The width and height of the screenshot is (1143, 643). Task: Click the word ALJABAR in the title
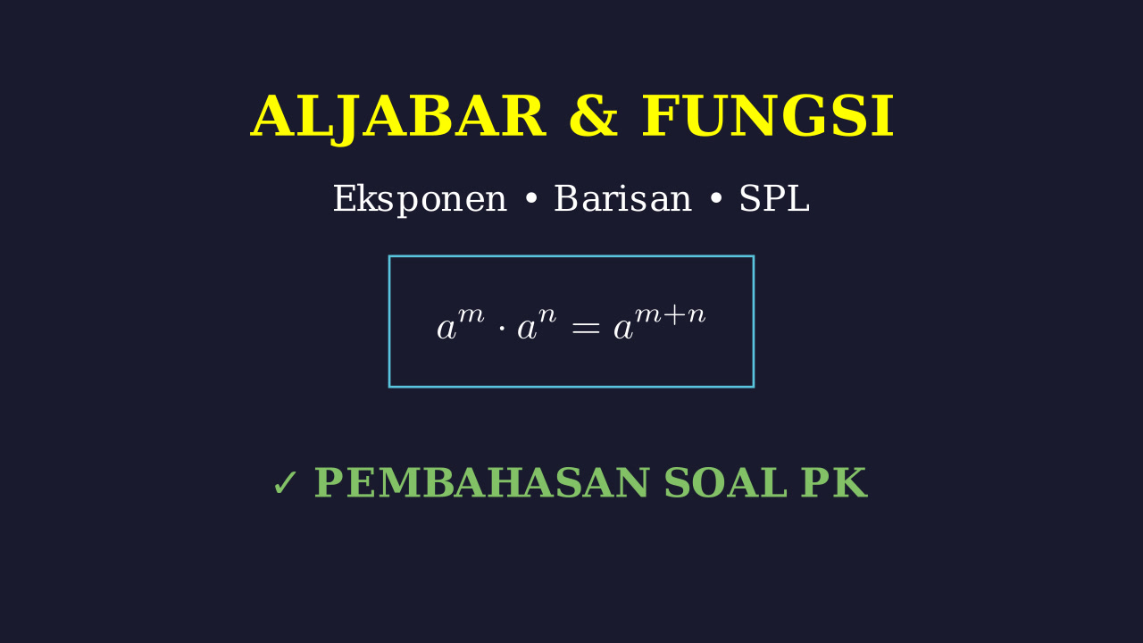point(398,117)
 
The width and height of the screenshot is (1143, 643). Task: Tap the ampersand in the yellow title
point(594,116)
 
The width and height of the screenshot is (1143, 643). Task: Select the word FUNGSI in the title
point(767,116)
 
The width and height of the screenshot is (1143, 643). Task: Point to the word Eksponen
point(420,200)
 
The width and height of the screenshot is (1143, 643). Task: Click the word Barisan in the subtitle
point(623,198)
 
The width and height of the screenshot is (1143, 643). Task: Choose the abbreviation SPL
point(774,198)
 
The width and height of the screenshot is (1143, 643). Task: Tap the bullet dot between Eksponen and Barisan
point(531,199)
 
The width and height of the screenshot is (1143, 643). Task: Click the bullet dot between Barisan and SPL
point(716,199)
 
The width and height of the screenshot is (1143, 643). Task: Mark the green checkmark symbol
point(285,483)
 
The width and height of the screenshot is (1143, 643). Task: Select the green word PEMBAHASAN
point(481,483)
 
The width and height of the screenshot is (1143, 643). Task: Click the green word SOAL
point(725,483)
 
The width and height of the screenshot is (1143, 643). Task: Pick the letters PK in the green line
point(834,483)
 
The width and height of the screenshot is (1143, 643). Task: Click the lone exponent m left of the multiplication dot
point(471,315)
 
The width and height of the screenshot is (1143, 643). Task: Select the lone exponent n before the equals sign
point(547,315)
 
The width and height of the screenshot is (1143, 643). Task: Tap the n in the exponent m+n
point(697,315)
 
